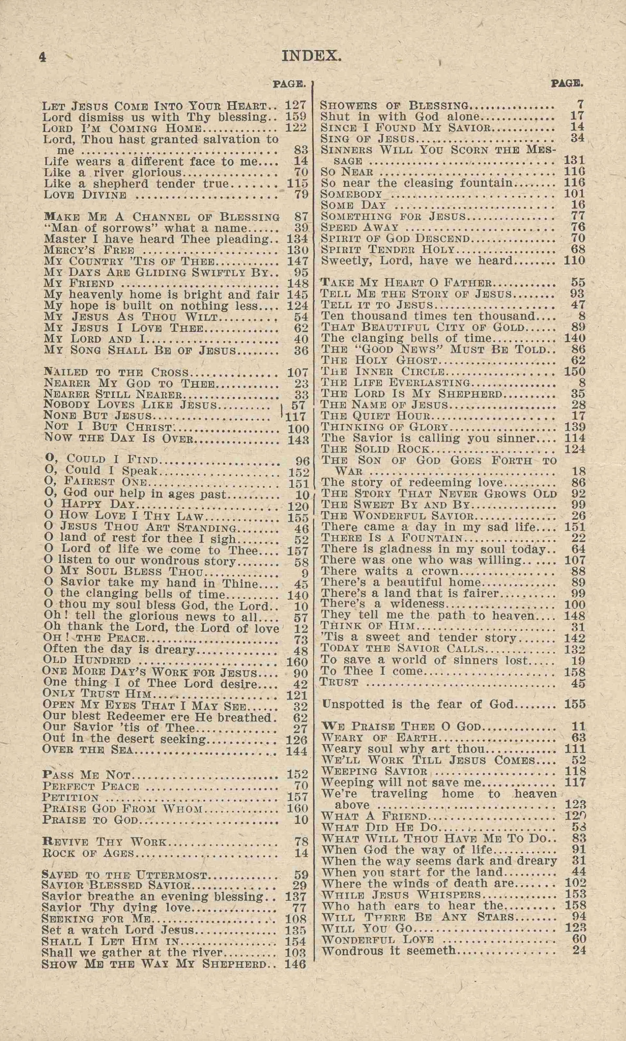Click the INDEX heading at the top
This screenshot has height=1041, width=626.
311,56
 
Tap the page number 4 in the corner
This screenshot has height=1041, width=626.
42,57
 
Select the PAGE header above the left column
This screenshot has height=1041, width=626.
289,84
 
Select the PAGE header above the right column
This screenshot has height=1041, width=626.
567,83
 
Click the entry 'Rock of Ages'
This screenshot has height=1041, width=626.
88,853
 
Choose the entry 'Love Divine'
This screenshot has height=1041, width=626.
85,195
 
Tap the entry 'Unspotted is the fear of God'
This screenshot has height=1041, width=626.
418,704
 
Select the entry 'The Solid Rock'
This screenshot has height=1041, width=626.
375,449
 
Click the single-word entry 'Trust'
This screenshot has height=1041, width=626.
340,682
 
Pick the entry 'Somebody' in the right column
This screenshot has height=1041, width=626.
351,194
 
